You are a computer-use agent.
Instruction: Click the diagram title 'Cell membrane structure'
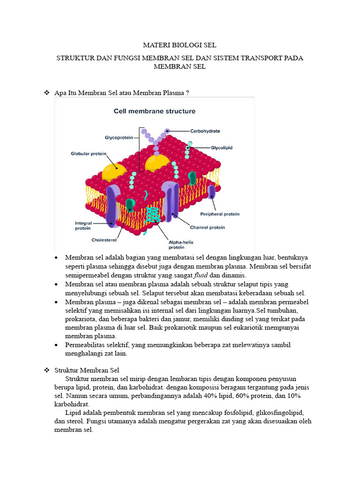coord(155,112)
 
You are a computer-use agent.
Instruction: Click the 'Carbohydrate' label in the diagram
coord(205,131)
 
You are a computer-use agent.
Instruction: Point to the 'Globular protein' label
coord(89,153)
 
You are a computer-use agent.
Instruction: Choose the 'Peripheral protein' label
coord(219,214)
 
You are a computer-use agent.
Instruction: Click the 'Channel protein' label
coord(207,227)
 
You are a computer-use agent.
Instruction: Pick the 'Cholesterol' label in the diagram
coord(104,240)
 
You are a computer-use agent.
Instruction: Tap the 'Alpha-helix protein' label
coord(180,245)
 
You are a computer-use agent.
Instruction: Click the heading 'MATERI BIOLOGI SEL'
coord(180,45)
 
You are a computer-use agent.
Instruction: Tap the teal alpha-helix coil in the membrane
coord(151,215)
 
